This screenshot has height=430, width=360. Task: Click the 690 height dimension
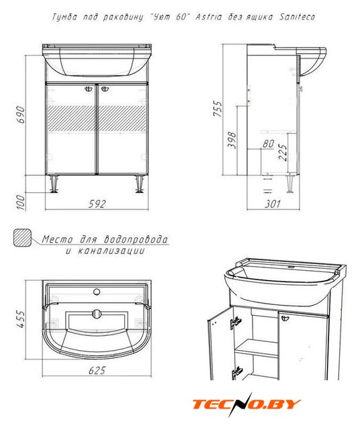tap(21, 114)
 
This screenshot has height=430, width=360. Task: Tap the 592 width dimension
tap(97, 204)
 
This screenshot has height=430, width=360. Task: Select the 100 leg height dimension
tap(21, 202)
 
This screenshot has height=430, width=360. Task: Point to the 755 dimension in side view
tap(218, 109)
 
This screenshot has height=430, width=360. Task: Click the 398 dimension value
tap(232, 140)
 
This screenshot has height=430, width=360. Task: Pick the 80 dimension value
tap(268, 143)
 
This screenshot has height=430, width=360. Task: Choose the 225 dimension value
tap(283, 153)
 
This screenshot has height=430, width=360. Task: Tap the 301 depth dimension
tap(273, 204)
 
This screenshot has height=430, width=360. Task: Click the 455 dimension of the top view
tap(21, 320)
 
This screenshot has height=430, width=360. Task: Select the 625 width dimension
tap(97, 370)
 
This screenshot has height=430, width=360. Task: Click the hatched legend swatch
tap(22, 238)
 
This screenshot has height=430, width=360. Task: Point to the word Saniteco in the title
tap(297, 17)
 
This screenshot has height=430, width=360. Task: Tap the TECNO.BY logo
tap(246, 404)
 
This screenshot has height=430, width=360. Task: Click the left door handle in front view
tap(89, 89)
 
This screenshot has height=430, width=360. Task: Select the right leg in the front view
tap(140, 183)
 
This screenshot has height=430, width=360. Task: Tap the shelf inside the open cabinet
tap(256, 348)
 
